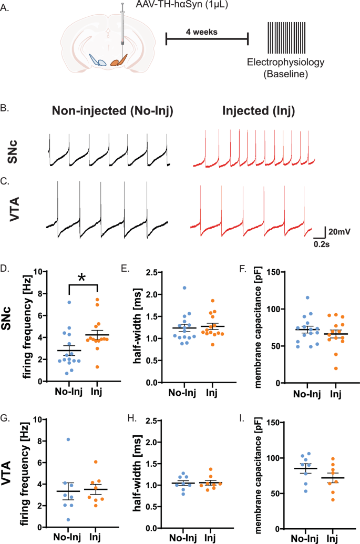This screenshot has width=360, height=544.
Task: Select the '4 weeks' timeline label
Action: coord(201,31)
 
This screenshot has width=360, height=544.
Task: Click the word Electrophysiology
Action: coord(286,63)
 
